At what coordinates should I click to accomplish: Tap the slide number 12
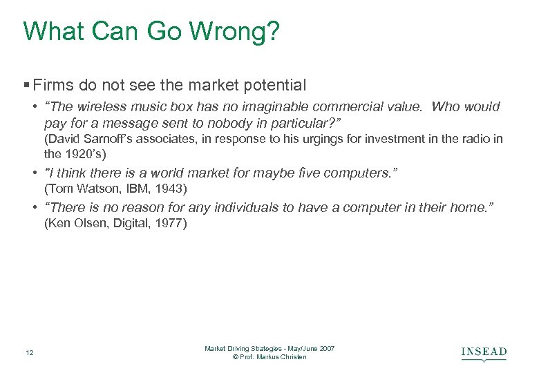[27, 353]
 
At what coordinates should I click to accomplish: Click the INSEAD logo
[484, 353]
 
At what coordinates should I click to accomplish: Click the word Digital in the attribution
[127, 224]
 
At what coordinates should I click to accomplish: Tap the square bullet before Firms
[26, 86]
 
